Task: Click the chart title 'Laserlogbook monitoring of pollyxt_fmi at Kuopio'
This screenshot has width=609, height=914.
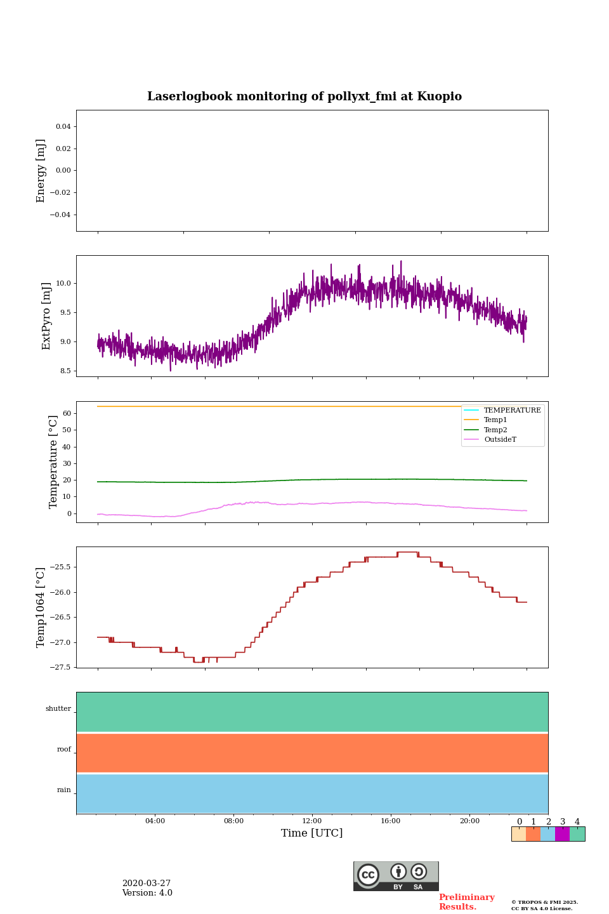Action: [x=304, y=96]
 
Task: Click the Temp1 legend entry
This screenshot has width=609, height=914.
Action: [x=495, y=420]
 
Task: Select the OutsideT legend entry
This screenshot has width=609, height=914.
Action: [x=500, y=440]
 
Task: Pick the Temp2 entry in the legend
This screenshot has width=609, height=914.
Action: [x=495, y=430]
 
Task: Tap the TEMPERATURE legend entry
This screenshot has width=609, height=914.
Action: [x=512, y=411]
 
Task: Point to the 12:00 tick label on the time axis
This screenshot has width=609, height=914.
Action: [x=312, y=821]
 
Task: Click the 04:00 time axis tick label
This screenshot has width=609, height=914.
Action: [x=155, y=821]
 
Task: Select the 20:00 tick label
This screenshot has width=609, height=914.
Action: [x=469, y=821]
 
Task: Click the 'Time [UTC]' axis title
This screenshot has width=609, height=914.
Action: [x=312, y=833]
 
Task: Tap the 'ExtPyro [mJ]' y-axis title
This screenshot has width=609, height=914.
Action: [x=46, y=316]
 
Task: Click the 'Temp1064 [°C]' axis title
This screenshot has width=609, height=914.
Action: [x=41, y=607]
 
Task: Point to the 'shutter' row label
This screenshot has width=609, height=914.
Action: [x=58, y=709]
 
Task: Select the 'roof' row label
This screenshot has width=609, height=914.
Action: [x=64, y=750]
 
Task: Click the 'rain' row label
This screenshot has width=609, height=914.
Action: [x=64, y=790]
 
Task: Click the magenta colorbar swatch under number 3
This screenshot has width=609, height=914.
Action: [x=562, y=834]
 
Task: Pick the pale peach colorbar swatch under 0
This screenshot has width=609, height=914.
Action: [x=519, y=834]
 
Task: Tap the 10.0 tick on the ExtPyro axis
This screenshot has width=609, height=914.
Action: [x=63, y=284]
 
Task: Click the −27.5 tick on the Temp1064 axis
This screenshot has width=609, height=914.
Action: [x=60, y=667]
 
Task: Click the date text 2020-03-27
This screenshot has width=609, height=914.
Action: [x=147, y=884]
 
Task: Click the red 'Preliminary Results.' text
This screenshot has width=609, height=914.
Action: [x=466, y=902]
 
